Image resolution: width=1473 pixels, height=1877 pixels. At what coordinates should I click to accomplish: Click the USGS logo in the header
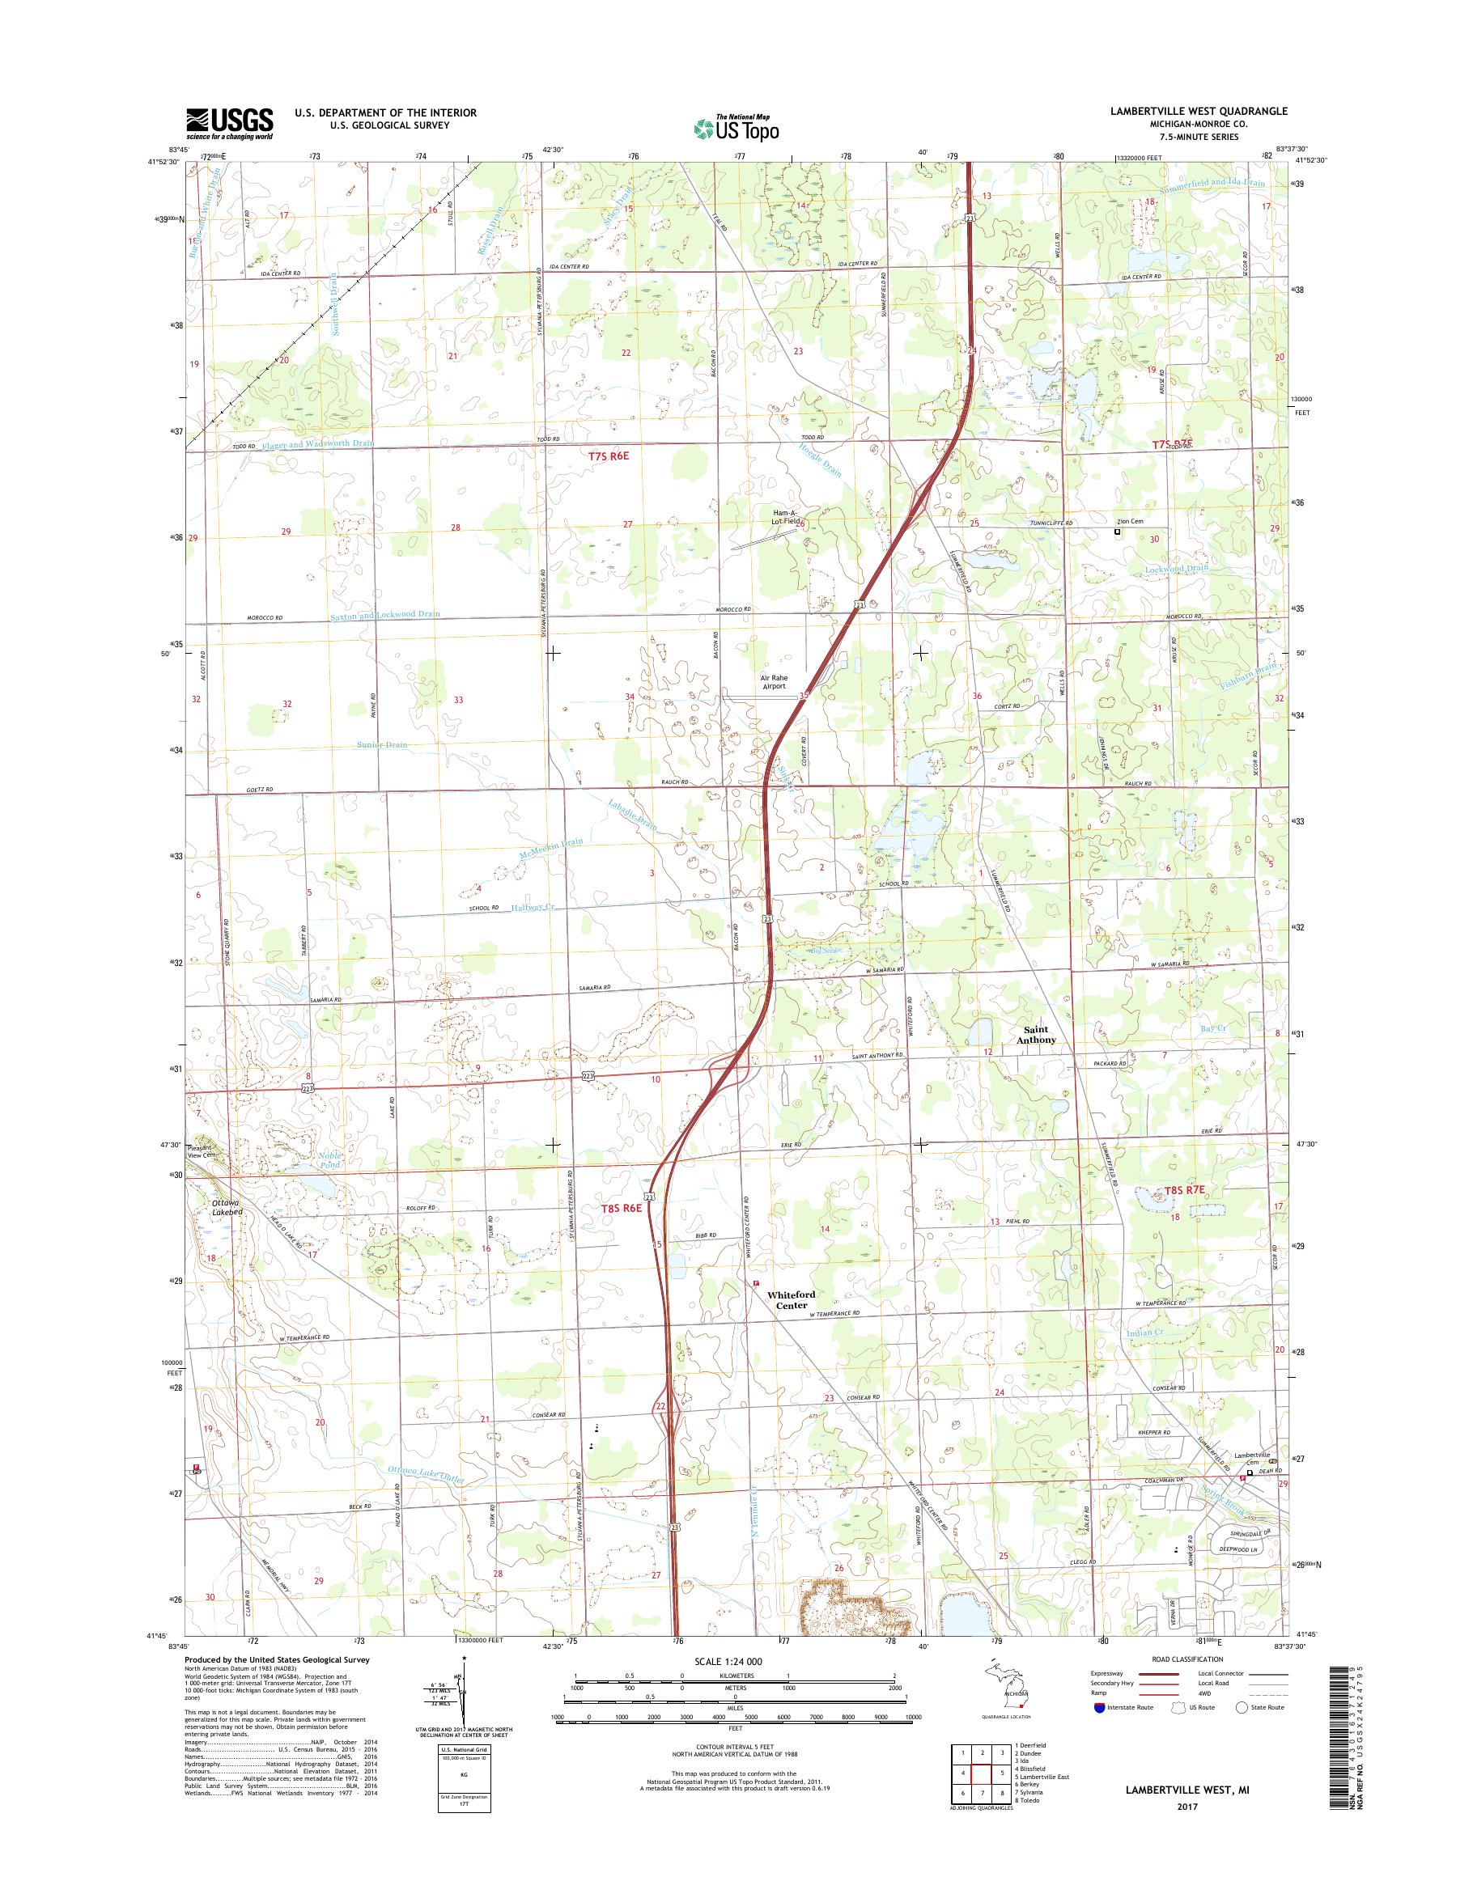coord(229,123)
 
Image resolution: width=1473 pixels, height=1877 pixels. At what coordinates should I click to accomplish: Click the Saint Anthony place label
coord(1036,1035)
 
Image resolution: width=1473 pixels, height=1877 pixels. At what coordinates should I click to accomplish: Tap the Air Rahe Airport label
coord(774,682)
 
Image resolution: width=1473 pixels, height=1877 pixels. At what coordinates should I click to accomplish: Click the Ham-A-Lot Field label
coord(785,517)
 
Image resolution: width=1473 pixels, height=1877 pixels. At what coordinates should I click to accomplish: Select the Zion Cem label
coord(1130,522)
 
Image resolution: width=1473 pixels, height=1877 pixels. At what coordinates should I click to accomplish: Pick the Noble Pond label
coord(329,1159)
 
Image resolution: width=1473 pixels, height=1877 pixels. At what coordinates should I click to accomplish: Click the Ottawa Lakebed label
coord(226,1207)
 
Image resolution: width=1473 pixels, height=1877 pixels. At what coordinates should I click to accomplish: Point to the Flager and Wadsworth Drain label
coord(318,444)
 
